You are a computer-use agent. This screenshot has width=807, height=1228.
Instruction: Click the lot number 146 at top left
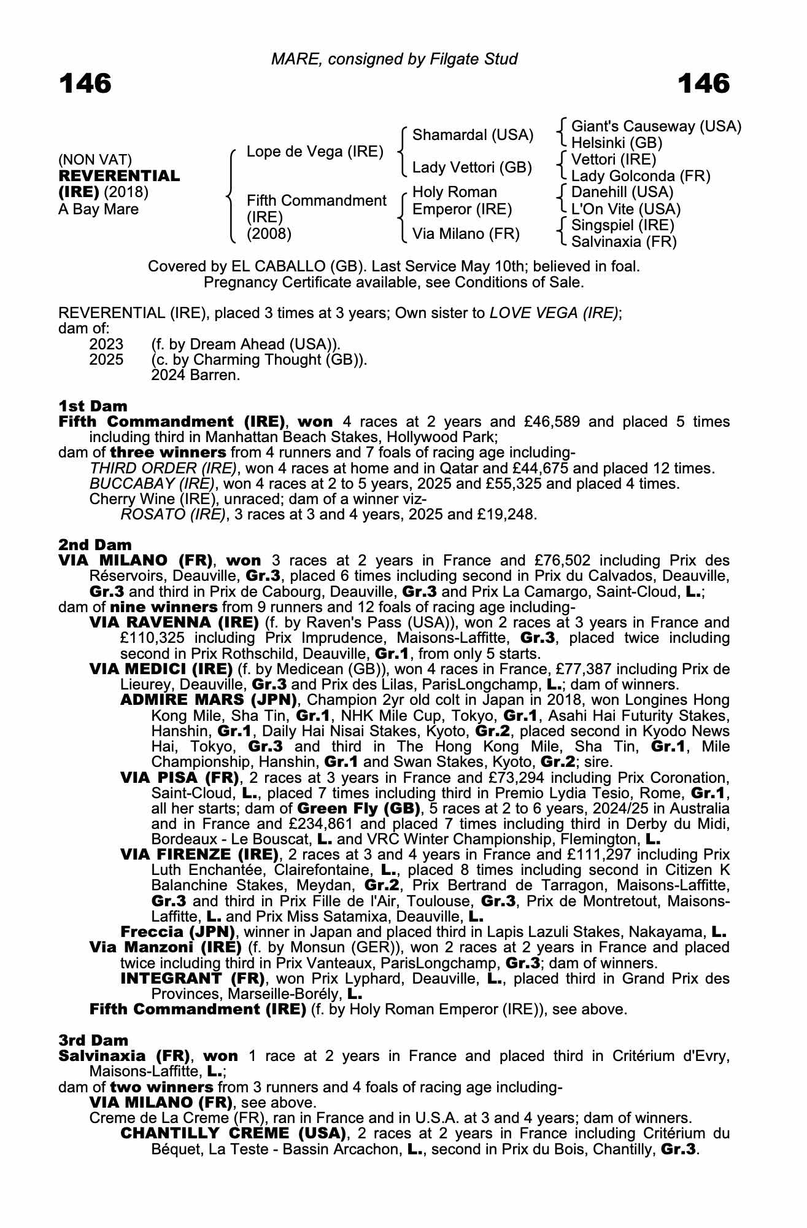(85, 84)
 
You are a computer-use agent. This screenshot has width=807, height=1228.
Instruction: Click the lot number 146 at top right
(704, 84)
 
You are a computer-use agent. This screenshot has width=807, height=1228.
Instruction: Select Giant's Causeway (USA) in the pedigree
(655, 126)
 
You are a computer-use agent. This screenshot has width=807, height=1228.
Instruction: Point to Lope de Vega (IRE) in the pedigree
(315, 152)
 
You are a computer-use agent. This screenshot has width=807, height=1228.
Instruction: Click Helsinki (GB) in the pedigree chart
(616, 143)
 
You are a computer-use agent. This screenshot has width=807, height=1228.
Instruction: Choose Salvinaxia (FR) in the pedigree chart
(624, 242)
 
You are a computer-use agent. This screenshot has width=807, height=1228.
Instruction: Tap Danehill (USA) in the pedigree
(622, 193)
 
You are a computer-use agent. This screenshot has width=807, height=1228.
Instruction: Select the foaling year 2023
(106, 344)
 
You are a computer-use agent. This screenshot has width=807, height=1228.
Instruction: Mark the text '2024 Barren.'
(195, 375)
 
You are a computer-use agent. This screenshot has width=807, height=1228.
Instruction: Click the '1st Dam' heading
(93, 406)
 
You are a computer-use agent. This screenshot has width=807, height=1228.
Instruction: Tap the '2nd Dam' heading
(95, 545)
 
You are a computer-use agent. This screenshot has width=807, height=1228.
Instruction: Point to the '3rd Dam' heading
(93, 1040)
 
